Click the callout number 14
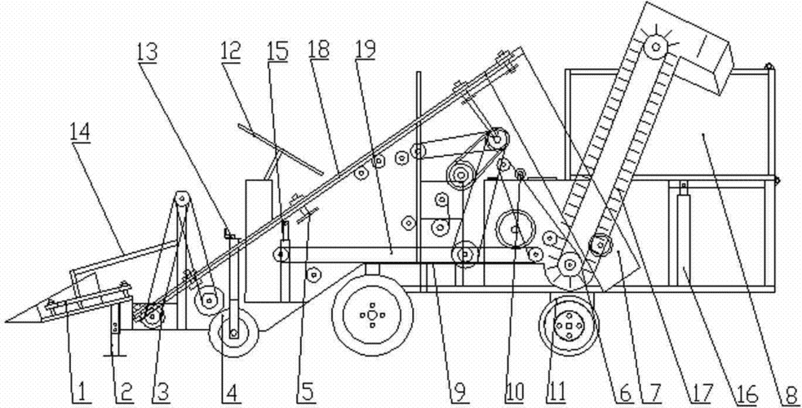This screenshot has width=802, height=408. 82,132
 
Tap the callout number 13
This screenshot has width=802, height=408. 148,53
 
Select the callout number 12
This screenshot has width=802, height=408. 231,52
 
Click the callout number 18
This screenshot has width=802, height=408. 319,50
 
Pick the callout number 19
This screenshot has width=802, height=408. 366,50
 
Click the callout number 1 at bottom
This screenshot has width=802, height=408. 79,392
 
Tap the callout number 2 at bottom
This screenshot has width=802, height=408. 124,392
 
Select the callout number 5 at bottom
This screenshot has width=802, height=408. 306,392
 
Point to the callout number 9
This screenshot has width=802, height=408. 458,392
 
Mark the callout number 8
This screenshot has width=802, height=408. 790,392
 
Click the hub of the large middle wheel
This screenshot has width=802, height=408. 372,316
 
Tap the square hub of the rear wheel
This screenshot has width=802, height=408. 569,325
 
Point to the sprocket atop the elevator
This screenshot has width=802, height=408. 655,49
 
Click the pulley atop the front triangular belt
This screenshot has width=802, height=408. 182,198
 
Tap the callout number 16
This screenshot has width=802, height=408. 747,392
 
